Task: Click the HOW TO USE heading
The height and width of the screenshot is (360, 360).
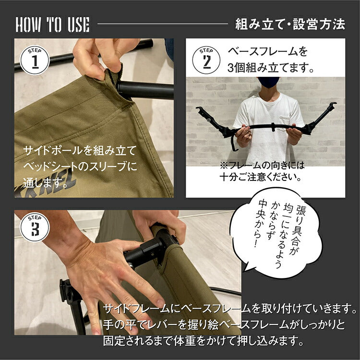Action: [52, 24]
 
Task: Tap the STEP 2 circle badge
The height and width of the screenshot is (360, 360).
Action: [206, 60]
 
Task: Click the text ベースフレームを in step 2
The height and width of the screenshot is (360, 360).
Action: [267, 51]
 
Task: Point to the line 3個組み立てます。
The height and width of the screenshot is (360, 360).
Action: [271, 68]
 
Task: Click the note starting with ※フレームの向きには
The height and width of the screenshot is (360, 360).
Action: [263, 165]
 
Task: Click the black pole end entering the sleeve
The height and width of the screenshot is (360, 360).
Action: [144, 90]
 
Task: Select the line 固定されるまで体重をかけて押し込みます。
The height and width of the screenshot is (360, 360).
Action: [204, 341]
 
